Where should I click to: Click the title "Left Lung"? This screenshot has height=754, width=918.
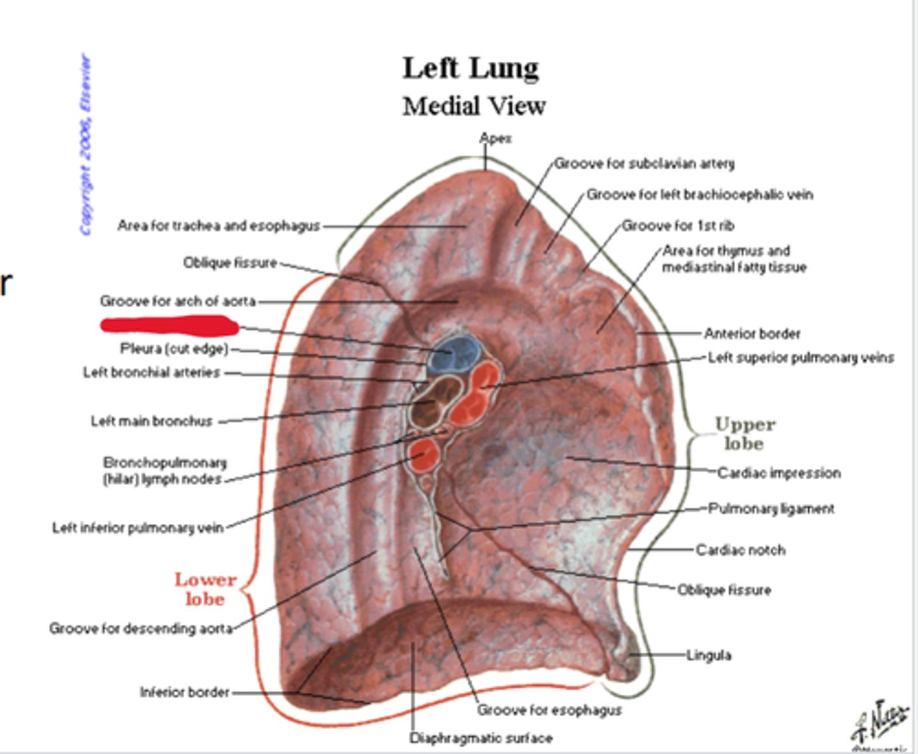point(470,68)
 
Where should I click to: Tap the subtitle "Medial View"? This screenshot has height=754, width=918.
point(474,106)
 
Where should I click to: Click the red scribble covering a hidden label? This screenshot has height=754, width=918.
point(169,326)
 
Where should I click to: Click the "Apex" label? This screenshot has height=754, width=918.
point(495,138)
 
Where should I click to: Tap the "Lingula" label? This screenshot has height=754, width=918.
point(708,655)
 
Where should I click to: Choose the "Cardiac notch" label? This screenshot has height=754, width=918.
point(740,549)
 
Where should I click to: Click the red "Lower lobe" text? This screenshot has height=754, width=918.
point(205,589)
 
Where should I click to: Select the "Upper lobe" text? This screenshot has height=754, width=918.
point(745,433)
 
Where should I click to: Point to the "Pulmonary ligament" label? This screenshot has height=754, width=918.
point(771,509)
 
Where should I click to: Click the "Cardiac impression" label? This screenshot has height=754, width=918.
point(778,473)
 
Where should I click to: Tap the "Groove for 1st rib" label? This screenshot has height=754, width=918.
point(678,226)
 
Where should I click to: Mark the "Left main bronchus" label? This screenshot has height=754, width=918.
point(152,421)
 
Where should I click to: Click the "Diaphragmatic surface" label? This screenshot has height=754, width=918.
point(481,738)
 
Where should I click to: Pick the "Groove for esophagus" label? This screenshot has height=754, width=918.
point(549,710)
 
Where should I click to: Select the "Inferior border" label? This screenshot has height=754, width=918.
point(184,692)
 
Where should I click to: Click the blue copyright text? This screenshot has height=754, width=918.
point(85,145)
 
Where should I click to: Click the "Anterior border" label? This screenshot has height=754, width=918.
point(752,333)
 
